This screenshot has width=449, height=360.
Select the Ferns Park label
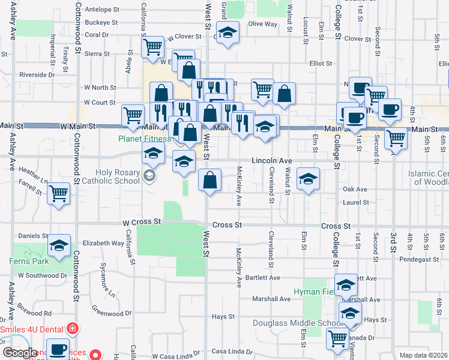point(23,261)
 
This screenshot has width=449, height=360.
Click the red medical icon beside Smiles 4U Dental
point(73,329)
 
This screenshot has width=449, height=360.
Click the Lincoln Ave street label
point(271,161)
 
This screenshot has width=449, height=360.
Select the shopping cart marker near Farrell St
point(59,193)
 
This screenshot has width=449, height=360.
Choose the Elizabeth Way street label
point(103,243)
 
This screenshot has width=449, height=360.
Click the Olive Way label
point(263,24)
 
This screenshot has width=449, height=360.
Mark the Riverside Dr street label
point(37,75)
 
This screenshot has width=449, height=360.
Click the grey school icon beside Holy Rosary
point(149,176)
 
